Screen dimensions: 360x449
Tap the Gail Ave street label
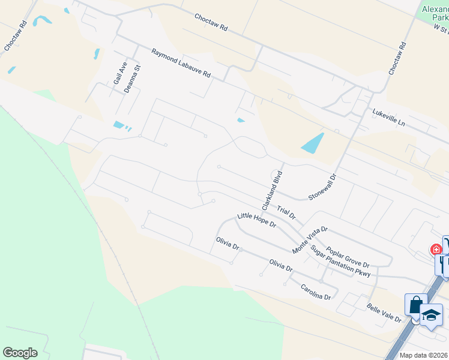117,74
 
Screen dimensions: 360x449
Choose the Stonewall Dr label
324,187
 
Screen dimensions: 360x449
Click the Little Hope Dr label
256,220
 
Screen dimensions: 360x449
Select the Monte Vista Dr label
310,239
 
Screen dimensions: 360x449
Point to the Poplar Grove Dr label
348,256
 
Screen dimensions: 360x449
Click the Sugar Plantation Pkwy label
340,262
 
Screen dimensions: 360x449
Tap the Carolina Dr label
316,292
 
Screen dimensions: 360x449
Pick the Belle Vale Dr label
384,313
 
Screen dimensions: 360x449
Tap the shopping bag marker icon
415,304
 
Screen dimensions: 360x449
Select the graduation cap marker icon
431,314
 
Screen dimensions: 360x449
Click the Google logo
20,353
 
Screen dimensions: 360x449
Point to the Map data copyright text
424,355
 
